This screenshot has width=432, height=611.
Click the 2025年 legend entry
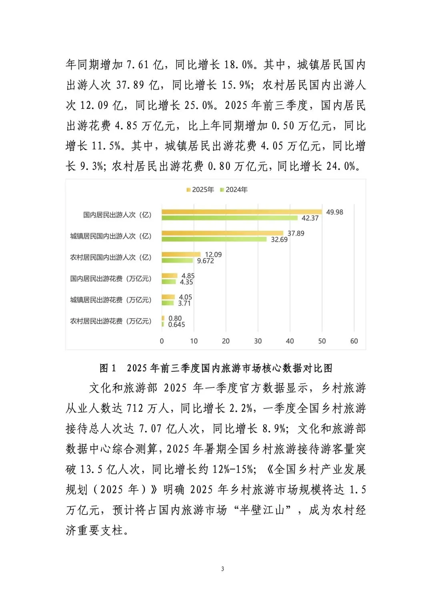point(200,190)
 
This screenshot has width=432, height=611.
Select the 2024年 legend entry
point(234,190)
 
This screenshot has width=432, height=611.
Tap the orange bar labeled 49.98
point(242,212)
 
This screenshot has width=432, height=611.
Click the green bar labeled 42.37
point(230,218)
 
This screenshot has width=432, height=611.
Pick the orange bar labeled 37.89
point(222,233)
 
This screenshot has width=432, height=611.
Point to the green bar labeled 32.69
point(214,239)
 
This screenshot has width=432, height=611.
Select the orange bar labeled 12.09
point(181,254)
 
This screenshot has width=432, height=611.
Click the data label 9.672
point(205,261)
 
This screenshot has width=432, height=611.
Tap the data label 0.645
point(176,325)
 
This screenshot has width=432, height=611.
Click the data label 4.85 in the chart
point(188,276)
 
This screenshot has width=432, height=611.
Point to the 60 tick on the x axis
point(354,341)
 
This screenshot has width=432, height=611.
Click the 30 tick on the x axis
point(258,341)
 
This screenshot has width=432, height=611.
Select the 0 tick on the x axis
point(162,341)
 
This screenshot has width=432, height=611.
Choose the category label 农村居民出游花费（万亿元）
point(111,321)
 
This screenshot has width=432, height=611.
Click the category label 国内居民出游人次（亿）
point(117,215)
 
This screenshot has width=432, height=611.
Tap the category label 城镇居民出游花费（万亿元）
point(111,300)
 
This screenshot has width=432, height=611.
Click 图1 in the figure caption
point(108,368)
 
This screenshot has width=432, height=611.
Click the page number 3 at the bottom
point(222,569)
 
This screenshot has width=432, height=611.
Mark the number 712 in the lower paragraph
point(135,408)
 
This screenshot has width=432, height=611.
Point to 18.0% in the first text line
point(239,65)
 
